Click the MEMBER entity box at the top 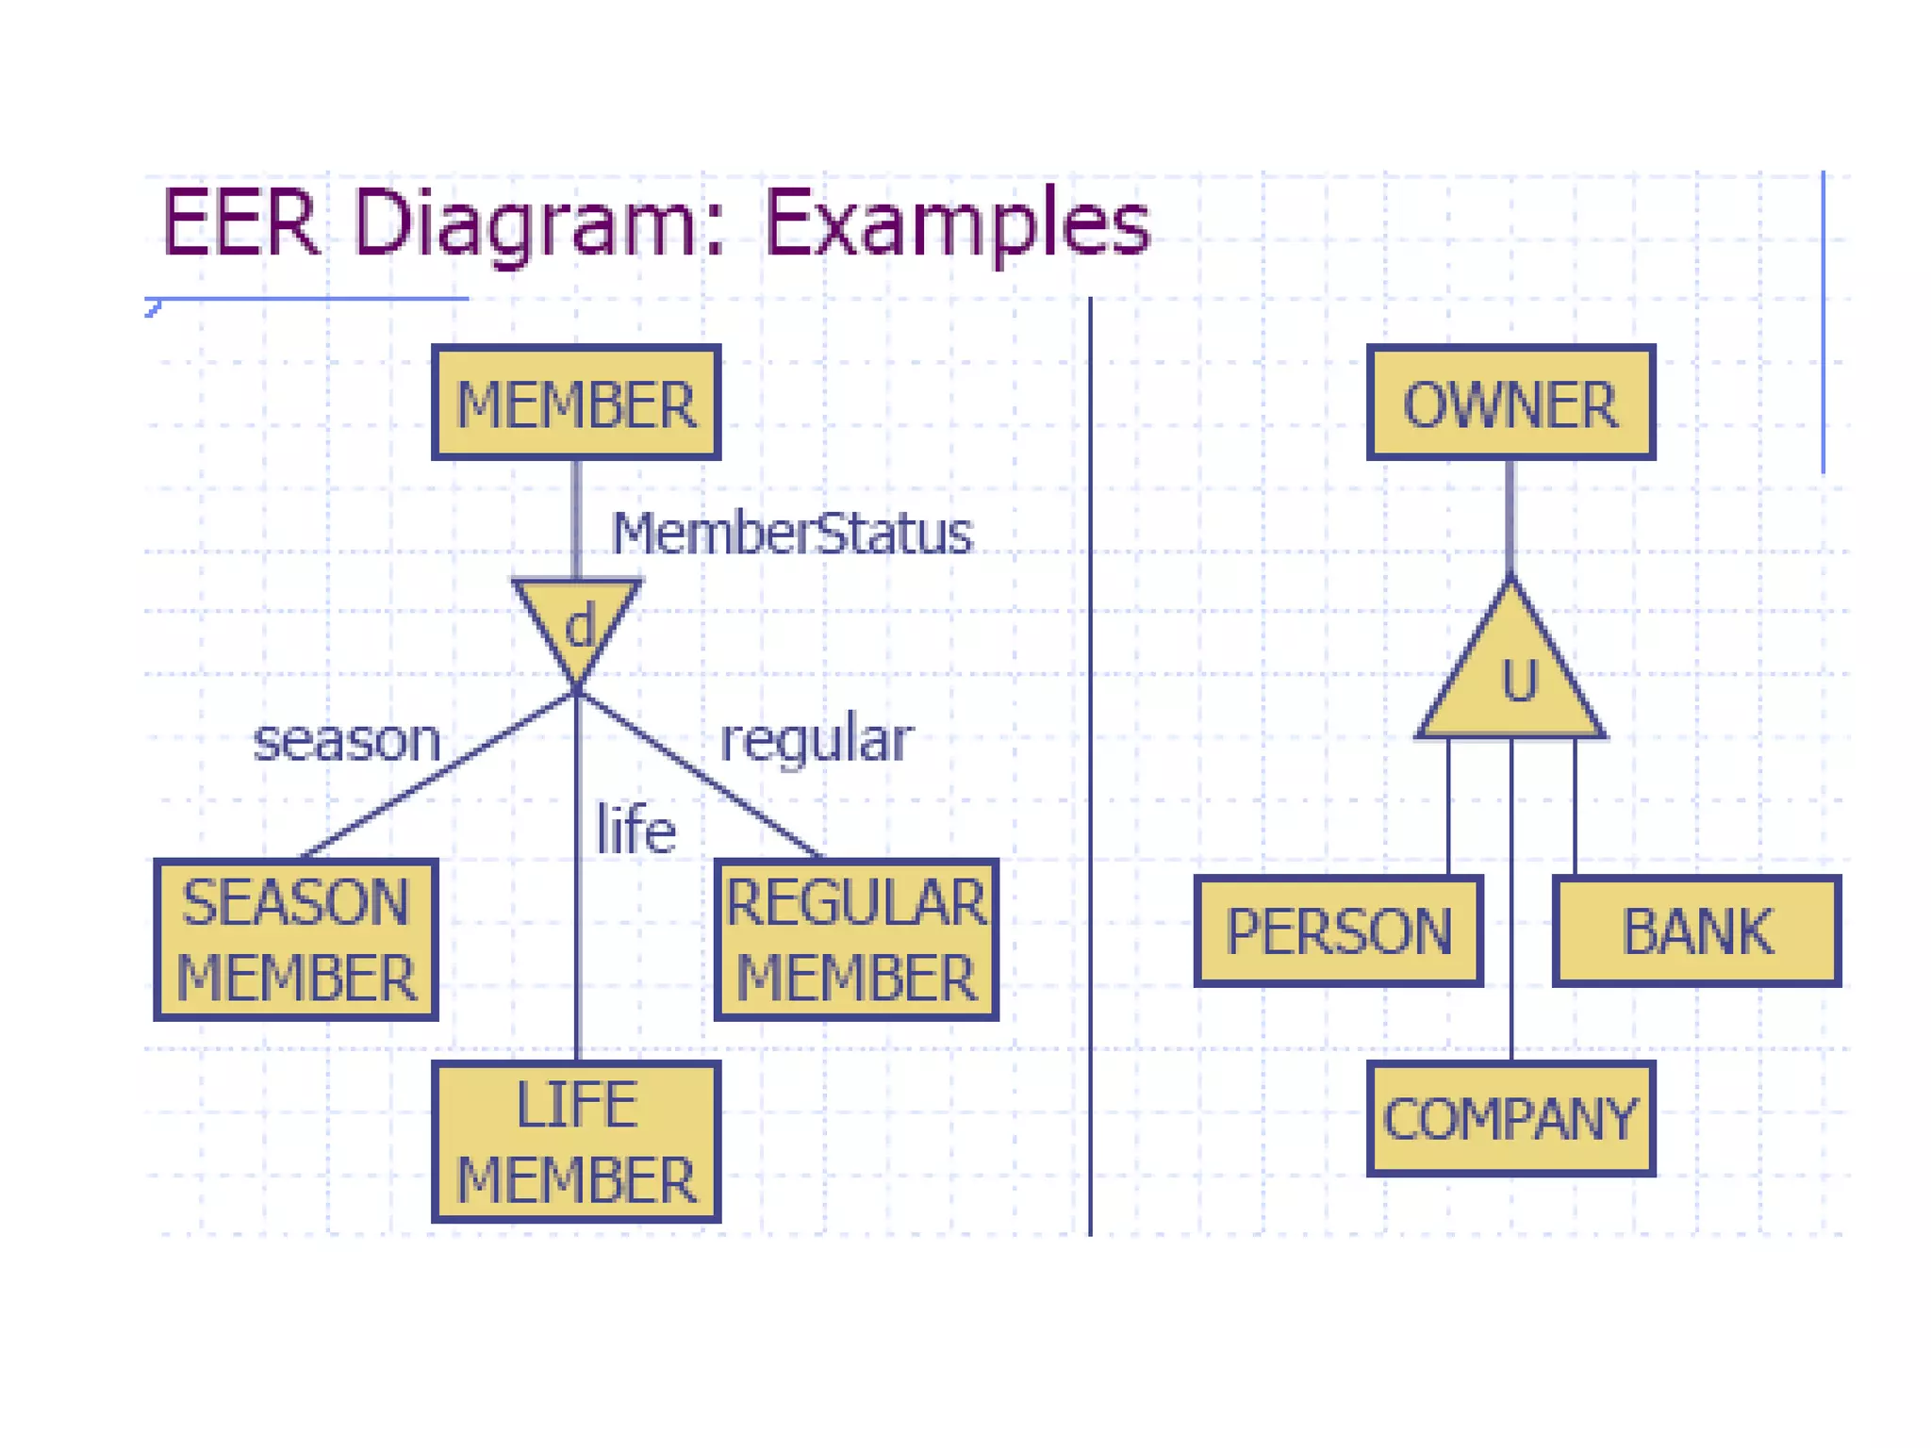[576, 403]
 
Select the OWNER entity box [1510, 403]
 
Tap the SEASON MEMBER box [295, 940]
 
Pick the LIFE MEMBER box [576, 1142]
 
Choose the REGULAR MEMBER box [855, 940]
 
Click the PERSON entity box [1338, 931]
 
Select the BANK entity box [1696, 931]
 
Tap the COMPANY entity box [1510, 1119]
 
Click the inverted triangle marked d [577, 622]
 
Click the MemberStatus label [791, 534]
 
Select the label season [347, 741]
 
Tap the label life [635, 831]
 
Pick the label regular [817, 741]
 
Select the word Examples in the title [956, 223]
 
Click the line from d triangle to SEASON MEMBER [439, 776]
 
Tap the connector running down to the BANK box [1575, 806]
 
